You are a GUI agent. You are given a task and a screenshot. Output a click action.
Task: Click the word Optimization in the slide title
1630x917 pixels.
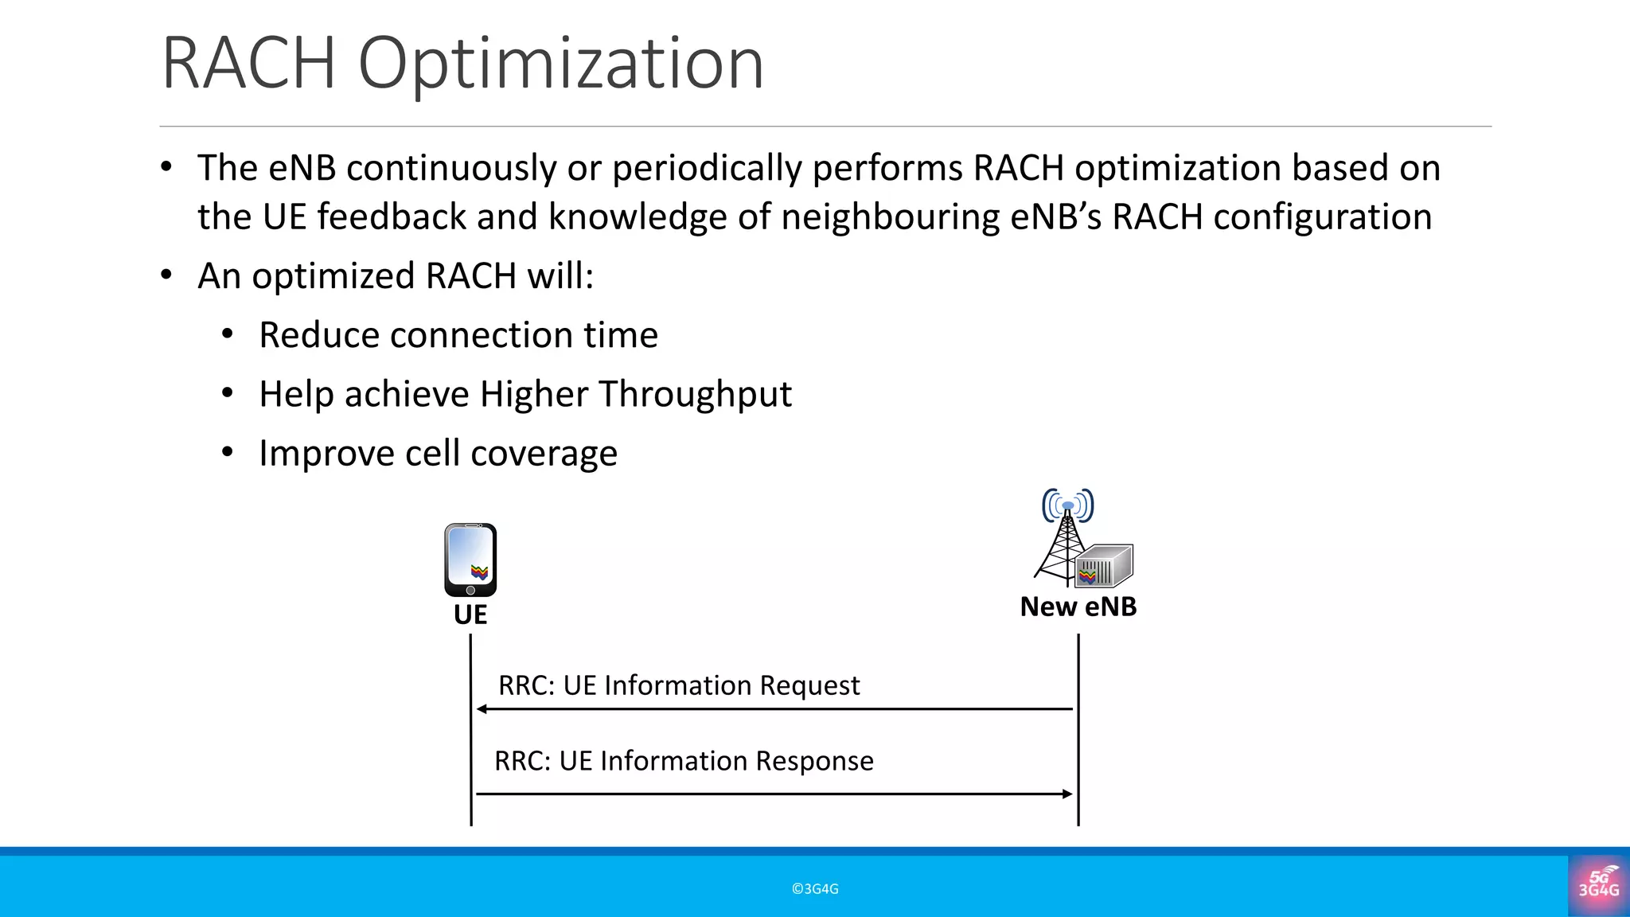tap(560, 64)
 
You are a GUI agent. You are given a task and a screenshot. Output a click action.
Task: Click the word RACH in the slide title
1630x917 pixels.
tap(248, 64)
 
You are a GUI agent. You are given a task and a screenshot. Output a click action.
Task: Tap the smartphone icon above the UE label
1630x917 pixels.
tap(470, 560)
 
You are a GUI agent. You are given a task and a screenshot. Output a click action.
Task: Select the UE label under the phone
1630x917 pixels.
tap(470, 615)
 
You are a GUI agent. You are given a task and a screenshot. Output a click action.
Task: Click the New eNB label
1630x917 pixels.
tap(1078, 607)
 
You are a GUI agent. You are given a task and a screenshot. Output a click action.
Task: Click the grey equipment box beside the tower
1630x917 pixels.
tap(1106, 566)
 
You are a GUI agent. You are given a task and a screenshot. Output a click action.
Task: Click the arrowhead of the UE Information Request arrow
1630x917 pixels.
tap(482, 708)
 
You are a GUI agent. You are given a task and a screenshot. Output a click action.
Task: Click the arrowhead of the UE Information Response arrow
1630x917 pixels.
tap(1067, 794)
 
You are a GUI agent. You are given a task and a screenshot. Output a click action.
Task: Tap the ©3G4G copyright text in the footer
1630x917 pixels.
tap(815, 889)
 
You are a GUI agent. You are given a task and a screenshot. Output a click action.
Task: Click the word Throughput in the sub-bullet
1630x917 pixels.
tap(695, 395)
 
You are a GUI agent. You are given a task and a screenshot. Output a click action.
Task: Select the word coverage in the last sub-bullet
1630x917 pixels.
tap(544, 454)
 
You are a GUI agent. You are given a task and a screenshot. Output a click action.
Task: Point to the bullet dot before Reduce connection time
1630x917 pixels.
tap(228, 334)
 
